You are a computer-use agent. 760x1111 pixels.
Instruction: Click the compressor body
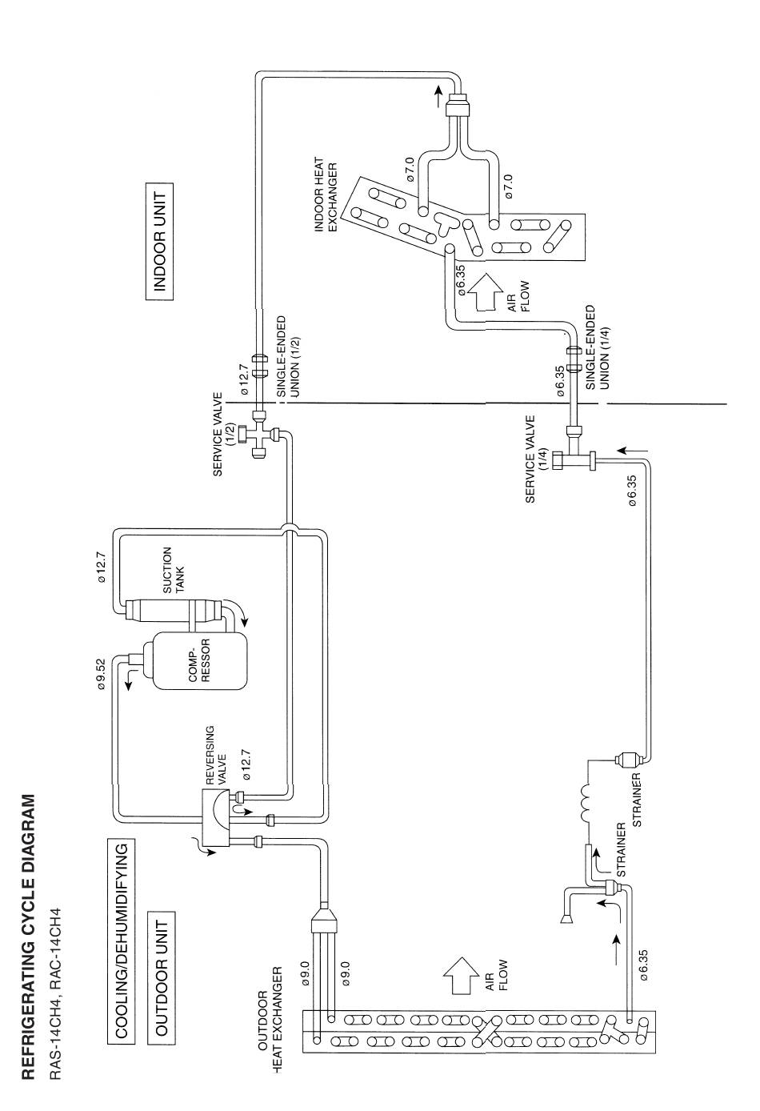pyautogui.click(x=199, y=660)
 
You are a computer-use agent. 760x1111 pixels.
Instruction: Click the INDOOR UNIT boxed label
pyautogui.click(x=160, y=242)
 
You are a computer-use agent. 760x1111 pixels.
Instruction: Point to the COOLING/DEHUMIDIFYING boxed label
pyautogui.click(x=121, y=929)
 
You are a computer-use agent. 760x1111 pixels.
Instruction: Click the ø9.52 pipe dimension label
pyautogui.click(x=102, y=674)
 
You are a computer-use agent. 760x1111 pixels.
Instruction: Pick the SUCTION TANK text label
pyautogui.click(x=174, y=571)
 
